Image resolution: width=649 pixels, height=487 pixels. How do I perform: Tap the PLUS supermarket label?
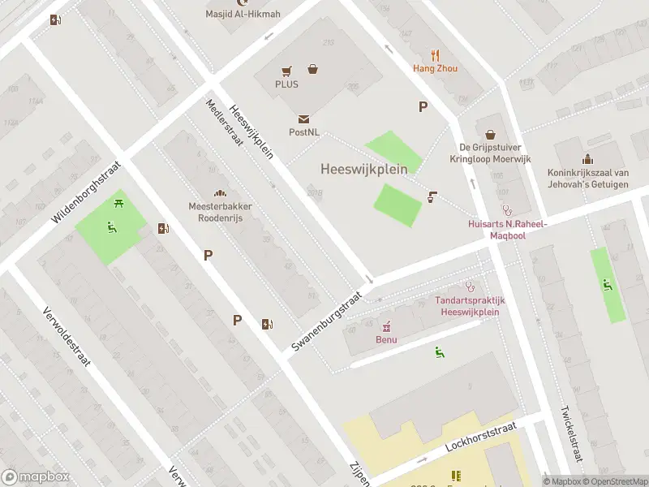coord(286,84)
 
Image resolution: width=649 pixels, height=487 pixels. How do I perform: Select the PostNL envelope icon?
coord(303,119)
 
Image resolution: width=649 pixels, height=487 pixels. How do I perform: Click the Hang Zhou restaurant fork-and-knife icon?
coord(436,55)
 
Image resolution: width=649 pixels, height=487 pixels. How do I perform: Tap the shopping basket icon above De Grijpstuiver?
coord(490,135)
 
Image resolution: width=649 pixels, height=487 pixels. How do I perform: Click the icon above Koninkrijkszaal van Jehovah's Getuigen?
coord(587,160)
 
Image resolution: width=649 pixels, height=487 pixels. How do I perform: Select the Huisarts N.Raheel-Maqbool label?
coord(508,229)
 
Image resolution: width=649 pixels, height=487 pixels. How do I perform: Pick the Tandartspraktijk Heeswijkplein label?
coord(470,305)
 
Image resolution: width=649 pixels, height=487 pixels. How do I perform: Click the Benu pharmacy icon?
coord(386,327)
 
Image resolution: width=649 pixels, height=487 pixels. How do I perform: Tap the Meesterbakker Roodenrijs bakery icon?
coord(219,193)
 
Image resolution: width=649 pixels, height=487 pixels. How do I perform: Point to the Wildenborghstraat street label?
coord(85,192)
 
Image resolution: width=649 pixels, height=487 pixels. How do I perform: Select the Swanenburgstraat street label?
coord(325,321)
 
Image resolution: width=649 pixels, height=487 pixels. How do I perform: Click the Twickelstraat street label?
coord(570,433)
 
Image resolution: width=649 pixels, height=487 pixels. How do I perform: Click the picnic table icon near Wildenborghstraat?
coord(119,203)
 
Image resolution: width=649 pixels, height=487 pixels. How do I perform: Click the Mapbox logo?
coord(36,477)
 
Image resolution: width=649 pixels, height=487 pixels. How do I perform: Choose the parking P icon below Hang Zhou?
coord(422,106)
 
